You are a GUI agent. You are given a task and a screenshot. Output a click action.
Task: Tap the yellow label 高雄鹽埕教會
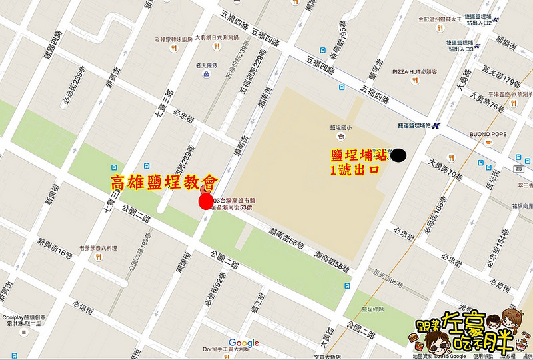[x=164, y=181]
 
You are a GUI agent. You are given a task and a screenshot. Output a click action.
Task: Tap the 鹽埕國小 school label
[x=340, y=127]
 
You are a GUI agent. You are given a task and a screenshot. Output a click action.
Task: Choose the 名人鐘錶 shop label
[x=206, y=65]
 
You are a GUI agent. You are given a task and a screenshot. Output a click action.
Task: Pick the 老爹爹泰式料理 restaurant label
[x=98, y=247]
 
